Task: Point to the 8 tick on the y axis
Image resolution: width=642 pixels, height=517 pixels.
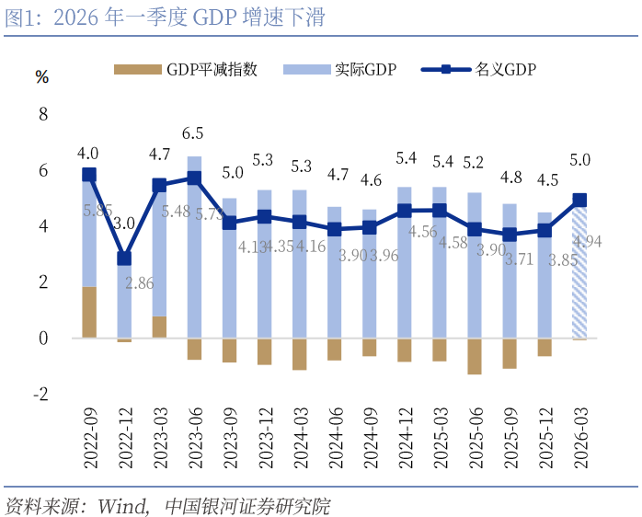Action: point(42,114)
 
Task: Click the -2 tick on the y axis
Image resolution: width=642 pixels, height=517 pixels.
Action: point(40,395)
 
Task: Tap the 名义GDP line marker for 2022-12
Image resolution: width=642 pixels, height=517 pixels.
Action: point(124,258)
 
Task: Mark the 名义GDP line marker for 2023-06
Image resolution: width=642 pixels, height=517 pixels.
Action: point(194,178)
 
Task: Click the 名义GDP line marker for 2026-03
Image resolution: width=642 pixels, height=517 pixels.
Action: point(580,200)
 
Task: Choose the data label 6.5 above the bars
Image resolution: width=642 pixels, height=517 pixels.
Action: point(194,133)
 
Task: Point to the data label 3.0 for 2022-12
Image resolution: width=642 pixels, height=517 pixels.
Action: point(124,223)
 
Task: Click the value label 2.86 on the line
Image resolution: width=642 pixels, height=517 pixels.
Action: point(139,282)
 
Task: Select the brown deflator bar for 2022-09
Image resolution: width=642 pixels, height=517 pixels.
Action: point(89,313)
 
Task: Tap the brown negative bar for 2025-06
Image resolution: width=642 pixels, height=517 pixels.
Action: point(475,356)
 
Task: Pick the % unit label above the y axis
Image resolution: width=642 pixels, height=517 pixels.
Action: point(41,77)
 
